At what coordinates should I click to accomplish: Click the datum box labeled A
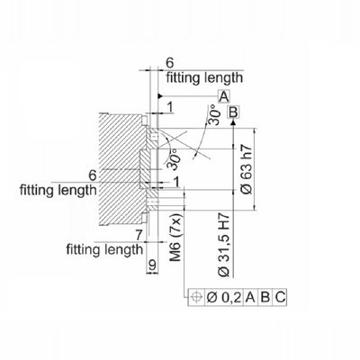coord(224,96)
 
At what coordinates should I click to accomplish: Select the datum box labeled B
coord(233,112)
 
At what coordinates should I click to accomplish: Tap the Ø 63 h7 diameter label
coord(247,169)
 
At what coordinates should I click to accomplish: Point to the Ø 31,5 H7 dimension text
coord(224,245)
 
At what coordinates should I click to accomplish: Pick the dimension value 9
coord(152,265)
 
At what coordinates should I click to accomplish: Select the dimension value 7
coord(139,235)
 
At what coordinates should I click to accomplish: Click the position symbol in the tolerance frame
coord(196,297)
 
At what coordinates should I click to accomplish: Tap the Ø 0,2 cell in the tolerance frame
coord(224,297)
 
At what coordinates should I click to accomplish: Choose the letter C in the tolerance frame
coord(280,297)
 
